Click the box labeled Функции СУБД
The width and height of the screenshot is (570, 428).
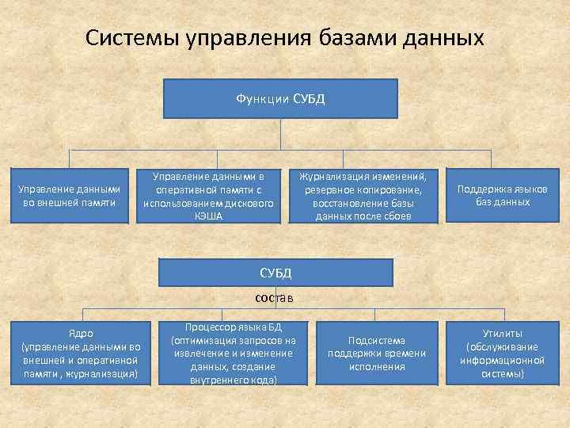pos(280,98)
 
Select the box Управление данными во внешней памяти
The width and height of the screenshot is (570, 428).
pos(69,196)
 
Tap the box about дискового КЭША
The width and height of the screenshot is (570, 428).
pos(208,196)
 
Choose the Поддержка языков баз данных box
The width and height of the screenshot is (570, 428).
pos(503,196)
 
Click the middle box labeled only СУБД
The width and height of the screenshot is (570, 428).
pos(275,273)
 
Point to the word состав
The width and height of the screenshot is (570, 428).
pos(275,298)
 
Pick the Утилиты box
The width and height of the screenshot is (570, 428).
pos(503,353)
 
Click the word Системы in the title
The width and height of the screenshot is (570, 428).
pos(131,39)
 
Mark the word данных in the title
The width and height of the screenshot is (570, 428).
pos(445,39)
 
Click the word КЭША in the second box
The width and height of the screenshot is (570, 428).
pos(208,216)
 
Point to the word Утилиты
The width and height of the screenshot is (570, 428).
pos(503,334)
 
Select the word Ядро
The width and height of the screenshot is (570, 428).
pos(81,334)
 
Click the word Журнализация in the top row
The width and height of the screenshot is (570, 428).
pos(332,176)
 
